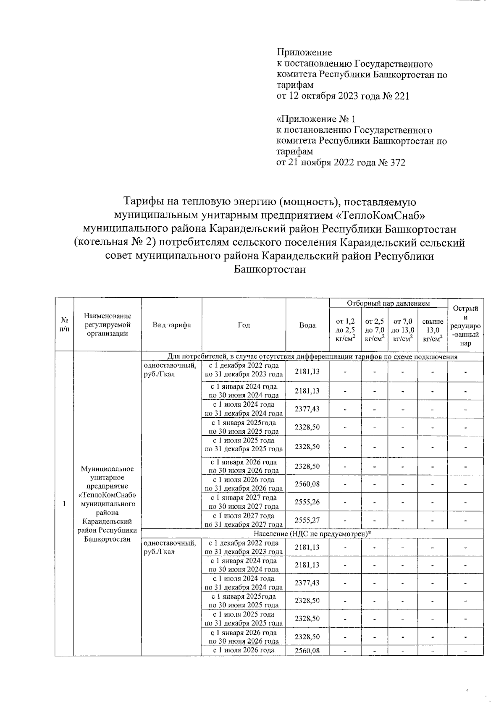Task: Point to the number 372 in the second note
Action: (x=398, y=162)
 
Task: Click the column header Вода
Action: (x=307, y=325)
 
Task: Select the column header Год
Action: (x=244, y=325)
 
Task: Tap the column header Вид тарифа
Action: (x=171, y=325)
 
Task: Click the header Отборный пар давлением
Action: (x=388, y=303)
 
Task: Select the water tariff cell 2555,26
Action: (x=307, y=502)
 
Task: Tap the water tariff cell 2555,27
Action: (x=307, y=520)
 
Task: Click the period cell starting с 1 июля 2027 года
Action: (x=244, y=520)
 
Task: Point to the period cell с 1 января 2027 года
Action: (x=244, y=502)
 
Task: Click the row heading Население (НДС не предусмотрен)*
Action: (x=313, y=533)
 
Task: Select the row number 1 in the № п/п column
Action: (x=64, y=504)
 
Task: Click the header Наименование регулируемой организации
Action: (x=108, y=325)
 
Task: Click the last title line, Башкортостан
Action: (x=270, y=270)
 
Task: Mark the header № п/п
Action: (x=64, y=325)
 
